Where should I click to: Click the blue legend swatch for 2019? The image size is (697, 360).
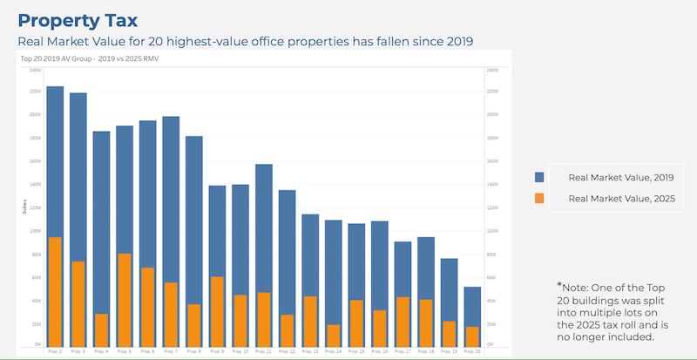coord(540,177)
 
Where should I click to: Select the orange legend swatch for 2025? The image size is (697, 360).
coord(540,199)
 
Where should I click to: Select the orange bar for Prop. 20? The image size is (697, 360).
coord(472,335)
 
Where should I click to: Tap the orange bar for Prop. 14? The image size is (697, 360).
coord(333,334)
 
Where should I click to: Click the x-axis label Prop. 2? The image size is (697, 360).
coord(55,350)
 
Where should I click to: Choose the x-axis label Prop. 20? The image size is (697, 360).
coord(472,350)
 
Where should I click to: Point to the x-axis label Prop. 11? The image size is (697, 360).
coord(263,350)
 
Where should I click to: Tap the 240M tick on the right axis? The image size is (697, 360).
coord(491,69)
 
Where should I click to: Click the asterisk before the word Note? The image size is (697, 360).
coord(559,284)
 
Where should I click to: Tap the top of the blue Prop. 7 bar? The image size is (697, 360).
coord(171,118)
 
